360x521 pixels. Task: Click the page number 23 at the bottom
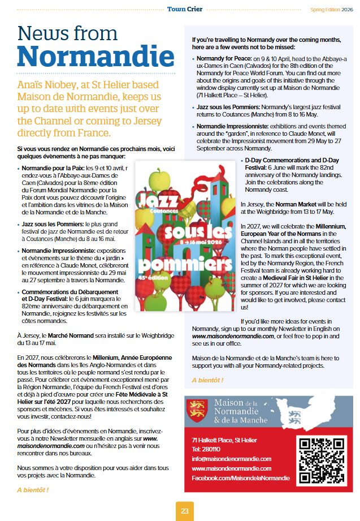coord(184,511)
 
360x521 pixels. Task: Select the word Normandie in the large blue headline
coord(96,55)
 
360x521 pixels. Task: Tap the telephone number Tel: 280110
coord(205,449)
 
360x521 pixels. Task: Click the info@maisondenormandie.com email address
coord(231,459)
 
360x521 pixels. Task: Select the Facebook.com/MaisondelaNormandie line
coord(241,478)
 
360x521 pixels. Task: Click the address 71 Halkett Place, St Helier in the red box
coord(225,440)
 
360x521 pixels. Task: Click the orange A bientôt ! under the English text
coord(207,380)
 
